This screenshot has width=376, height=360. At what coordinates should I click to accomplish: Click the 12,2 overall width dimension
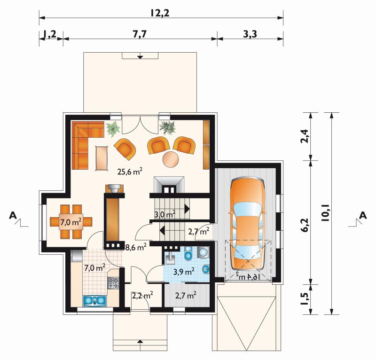point(160,13)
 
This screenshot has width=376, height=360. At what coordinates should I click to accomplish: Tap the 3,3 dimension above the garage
point(250,34)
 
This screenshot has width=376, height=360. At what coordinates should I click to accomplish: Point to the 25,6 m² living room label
point(130,171)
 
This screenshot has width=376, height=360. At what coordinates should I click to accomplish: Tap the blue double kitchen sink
point(94,301)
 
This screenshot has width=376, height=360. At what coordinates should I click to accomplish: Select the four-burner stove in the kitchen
point(113,282)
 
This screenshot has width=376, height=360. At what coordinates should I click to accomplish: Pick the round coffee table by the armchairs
point(171,159)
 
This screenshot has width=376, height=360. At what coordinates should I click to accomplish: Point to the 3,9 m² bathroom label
point(184,271)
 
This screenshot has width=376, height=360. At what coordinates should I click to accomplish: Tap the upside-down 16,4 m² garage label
point(248,277)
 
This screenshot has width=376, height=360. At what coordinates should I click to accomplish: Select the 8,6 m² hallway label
point(136,247)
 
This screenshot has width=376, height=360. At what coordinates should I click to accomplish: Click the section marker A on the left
point(13,215)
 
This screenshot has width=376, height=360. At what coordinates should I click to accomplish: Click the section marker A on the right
point(363,215)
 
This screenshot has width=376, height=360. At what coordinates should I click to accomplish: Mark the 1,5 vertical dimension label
point(305,298)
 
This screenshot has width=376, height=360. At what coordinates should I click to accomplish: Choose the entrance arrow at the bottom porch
point(140,342)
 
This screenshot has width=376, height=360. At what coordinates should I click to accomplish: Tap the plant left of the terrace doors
point(113,128)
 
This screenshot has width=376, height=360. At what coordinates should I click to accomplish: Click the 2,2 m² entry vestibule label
point(143,296)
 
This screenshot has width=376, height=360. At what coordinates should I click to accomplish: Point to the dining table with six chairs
point(71,222)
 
